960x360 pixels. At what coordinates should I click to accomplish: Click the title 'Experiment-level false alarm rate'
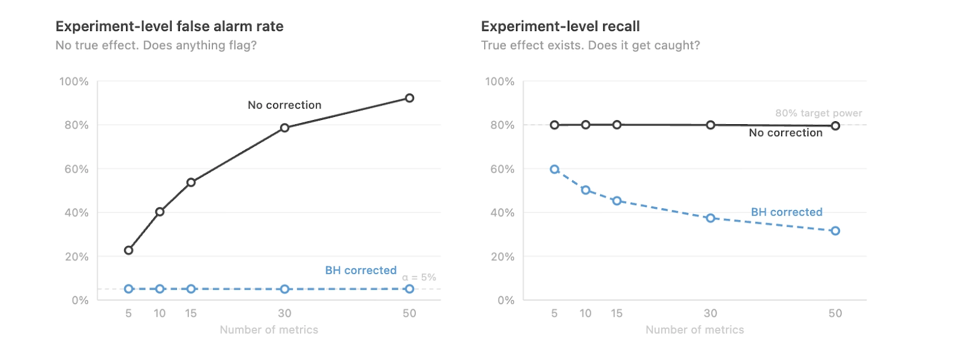[169, 26]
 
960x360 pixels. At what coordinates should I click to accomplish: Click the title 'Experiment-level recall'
[560, 26]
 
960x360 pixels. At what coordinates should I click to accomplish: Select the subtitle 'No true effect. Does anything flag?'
[156, 46]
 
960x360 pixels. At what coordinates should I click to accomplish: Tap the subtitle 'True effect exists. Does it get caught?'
[590, 46]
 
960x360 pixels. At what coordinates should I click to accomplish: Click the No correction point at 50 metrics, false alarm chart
[409, 98]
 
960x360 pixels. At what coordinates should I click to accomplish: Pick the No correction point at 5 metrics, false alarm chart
[128, 250]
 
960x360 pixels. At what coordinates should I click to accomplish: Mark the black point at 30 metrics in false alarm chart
[284, 128]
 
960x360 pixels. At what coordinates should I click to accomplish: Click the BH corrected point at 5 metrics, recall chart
[554, 169]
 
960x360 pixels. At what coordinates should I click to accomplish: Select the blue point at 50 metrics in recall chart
[835, 231]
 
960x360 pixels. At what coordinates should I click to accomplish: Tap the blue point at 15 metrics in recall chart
[617, 201]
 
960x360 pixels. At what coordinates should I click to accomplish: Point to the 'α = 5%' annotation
[419, 278]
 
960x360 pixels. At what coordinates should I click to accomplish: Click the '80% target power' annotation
[818, 113]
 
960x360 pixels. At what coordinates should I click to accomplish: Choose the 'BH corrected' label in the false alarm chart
[361, 271]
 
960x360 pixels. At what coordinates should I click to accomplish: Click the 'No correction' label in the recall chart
[785, 133]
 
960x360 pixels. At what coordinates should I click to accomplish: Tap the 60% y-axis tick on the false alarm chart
[76, 169]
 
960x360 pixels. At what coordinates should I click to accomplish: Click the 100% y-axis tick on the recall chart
[499, 82]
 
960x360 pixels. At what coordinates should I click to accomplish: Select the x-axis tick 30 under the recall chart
[710, 313]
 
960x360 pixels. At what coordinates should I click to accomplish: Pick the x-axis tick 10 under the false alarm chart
[160, 313]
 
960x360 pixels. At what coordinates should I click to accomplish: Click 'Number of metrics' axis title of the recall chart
[694, 330]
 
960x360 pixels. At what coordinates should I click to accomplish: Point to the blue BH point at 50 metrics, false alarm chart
[409, 289]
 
